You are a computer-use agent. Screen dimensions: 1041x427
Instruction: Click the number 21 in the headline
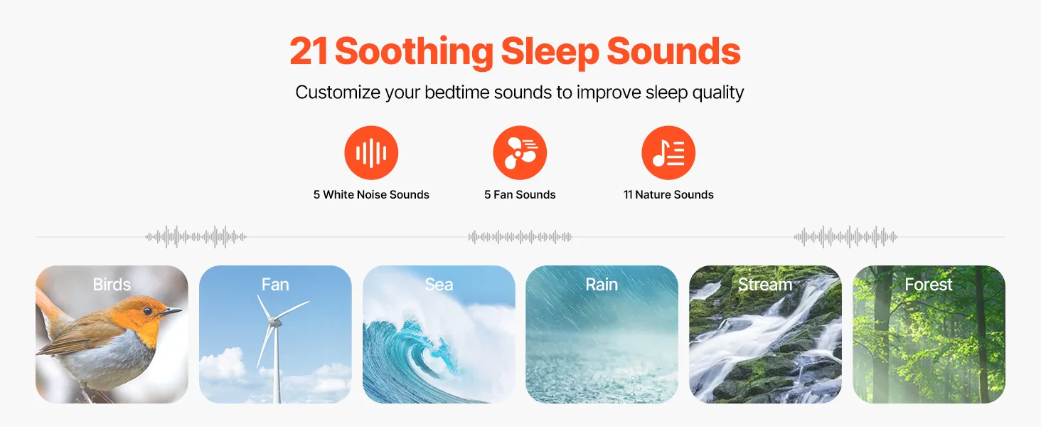[x=309, y=51]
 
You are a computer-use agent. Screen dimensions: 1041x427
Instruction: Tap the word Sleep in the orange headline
[x=550, y=52]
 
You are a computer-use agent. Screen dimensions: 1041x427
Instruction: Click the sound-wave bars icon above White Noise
[x=371, y=152]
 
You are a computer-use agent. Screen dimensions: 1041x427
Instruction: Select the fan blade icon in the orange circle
[x=520, y=152]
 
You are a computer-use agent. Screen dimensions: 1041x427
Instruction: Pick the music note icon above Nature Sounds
[x=668, y=152]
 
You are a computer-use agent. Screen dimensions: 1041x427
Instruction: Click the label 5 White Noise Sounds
[x=371, y=194]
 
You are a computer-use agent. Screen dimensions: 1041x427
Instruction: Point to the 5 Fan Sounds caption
[x=520, y=194]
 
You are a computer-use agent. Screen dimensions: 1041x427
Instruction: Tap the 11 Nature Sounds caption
[x=668, y=194]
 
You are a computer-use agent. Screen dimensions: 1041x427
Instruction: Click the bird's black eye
[x=147, y=311]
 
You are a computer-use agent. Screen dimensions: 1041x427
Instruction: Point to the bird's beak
[x=171, y=311]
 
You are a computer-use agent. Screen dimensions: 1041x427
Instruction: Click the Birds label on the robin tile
[x=112, y=284]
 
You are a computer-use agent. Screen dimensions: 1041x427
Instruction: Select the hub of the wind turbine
[x=272, y=320]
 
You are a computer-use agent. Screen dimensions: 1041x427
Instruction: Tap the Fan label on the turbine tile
[x=275, y=284]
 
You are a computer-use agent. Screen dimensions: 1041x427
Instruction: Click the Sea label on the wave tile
[x=439, y=284]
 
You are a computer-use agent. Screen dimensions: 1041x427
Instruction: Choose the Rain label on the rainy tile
[x=602, y=284]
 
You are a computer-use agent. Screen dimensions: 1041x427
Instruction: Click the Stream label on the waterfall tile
[x=765, y=284]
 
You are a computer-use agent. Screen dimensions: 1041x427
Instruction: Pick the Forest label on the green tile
[x=929, y=284]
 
